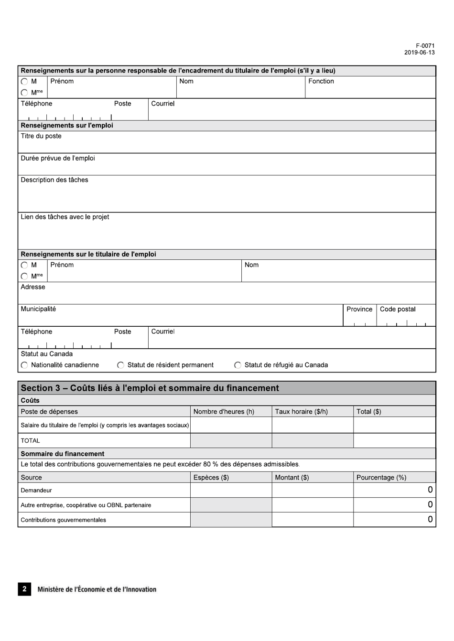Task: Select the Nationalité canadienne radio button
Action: (24, 365)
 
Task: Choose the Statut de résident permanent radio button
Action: (120, 365)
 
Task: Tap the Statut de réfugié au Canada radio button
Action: (238, 365)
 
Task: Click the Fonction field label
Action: (321, 81)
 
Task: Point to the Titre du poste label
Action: (41, 136)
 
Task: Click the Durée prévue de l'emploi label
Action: (58, 158)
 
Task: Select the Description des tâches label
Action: (54, 180)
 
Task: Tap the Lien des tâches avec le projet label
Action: (65, 217)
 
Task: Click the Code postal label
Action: (398, 309)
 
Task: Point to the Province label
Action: (359, 309)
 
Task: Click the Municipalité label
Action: (38, 309)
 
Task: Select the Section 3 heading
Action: (150, 388)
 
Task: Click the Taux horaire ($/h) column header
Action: (301, 411)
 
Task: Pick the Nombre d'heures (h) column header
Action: (224, 411)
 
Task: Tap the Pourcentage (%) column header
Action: (381, 477)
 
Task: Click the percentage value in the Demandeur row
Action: (430, 490)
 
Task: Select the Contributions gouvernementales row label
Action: (64, 520)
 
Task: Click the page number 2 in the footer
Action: (24, 589)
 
